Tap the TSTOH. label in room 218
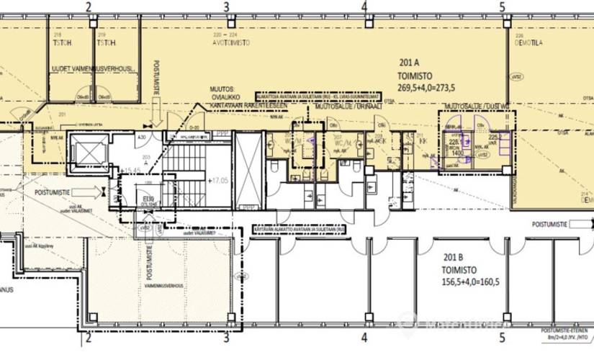(x=60, y=42)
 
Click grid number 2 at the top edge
(x=89, y=7)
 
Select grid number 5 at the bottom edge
(x=502, y=336)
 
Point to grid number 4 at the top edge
(x=365, y=7)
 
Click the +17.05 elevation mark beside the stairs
(x=220, y=182)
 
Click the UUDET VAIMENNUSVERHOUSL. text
(x=92, y=68)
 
